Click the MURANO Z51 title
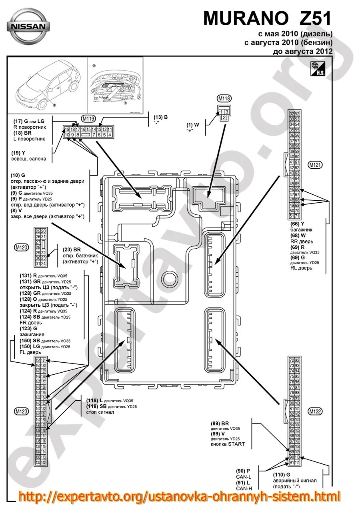[x=268, y=18]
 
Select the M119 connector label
[x=88, y=118]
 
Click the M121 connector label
[x=315, y=164]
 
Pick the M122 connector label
[x=315, y=411]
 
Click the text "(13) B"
[x=161, y=117]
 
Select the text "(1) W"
[x=192, y=125]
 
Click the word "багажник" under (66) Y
[x=301, y=230]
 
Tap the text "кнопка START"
[x=228, y=444]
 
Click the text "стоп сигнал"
[x=100, y=412]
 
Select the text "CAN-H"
[x=243, y=488]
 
